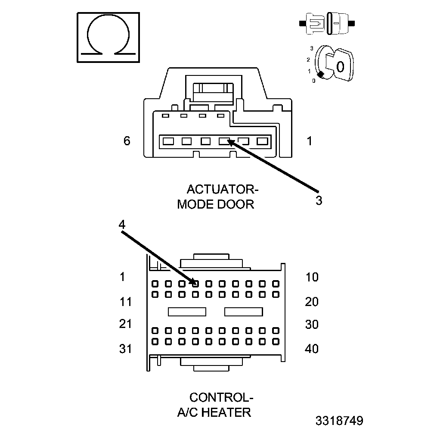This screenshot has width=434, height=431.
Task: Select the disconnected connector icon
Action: (x=327, y=24)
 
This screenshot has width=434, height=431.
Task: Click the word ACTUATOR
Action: (x=220, y=190)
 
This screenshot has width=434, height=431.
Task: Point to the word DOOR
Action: (x=235, y=204)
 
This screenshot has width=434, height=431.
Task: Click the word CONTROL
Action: (x=219, y=397)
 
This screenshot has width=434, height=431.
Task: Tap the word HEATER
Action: (x=226, y=412)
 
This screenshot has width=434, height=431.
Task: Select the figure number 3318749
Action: (x=339, y=421)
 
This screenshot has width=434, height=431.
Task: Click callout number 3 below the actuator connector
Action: (x=319, y=200)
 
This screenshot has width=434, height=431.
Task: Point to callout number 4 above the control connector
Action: (x=122, y=225)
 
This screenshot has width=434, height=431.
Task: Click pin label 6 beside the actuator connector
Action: (x=127, y=141)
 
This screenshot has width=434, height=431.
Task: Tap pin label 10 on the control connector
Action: (x=312, y=277)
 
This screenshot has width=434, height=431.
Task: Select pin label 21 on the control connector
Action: (x=125, y=324)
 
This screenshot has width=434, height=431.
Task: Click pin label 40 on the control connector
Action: (x=312, y=349)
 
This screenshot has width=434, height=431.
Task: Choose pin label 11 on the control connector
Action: (x=126, y=302)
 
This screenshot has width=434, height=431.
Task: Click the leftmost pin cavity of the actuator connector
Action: (x=168, y=141)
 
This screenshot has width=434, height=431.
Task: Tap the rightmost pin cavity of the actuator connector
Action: (x=262, y=141)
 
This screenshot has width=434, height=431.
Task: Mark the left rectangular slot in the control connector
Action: (x=187, y=312)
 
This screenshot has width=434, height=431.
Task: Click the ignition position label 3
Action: (x=312, y=48)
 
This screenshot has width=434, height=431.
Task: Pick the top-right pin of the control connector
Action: (x=276, y=284)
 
